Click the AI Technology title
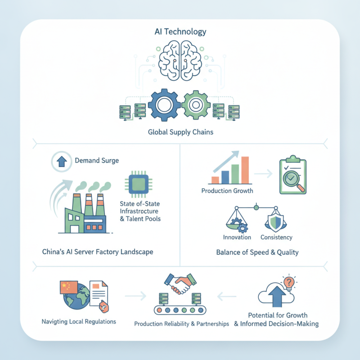(x=180, y=31)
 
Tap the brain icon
(x=180, y=60)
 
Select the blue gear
(x=164, y=105)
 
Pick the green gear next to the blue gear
(x=196, y=105)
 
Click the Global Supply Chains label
(x=180, y=132)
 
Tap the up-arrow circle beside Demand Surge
(x=62, y=162)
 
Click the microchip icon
(x=139, y=184)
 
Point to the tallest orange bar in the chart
(x=245, y=170)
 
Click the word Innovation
(x=237, y=237)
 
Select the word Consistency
(x=276, y=237)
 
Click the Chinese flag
(x=69, y=287)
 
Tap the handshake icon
(x=180, y=283)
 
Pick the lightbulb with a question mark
(x=289, y=283)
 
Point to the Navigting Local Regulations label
(x=79, y=321)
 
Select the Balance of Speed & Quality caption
(x=257, y=252)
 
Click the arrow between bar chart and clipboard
(x=263, y=174)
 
